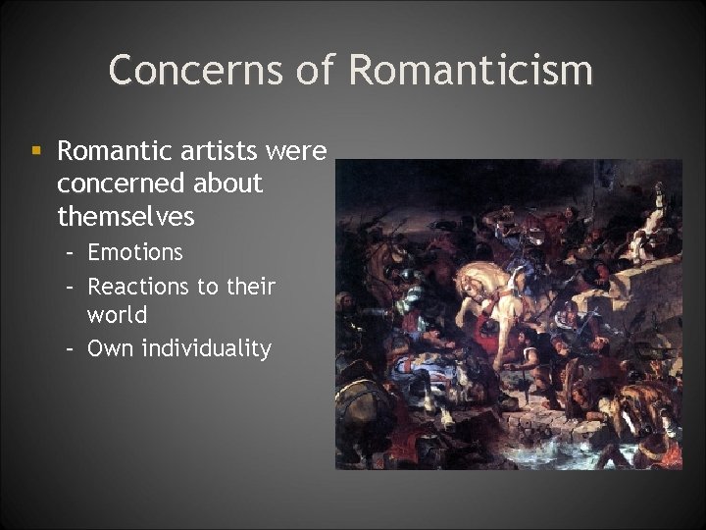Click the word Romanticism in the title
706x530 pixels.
[471, 70]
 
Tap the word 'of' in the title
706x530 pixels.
[322, 70]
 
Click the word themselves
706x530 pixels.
[126, 215]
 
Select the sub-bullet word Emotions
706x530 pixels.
[135, 252]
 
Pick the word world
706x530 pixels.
[117, 316]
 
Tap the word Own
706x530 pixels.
[110, 347]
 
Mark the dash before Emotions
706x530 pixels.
[71, 253]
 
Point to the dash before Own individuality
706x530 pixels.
[71, 348]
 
